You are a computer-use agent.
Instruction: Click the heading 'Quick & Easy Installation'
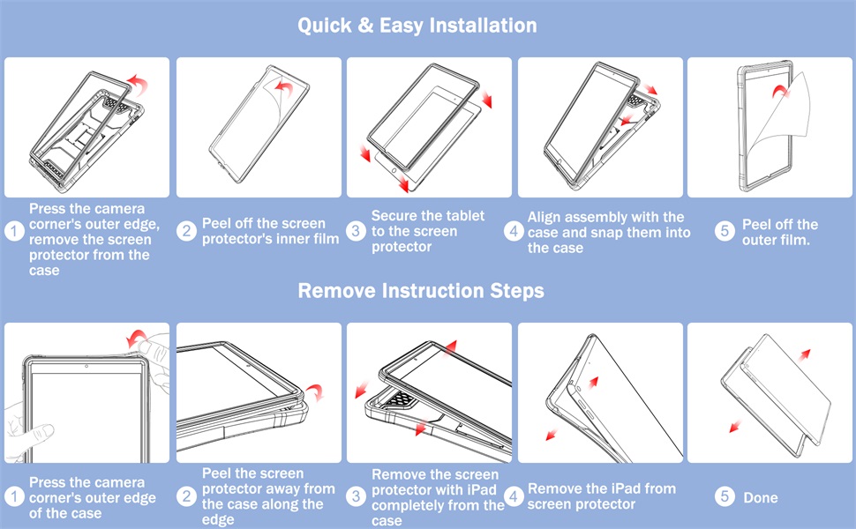417,26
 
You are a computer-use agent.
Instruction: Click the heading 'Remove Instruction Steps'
421,291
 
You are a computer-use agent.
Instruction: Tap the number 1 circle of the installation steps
14,231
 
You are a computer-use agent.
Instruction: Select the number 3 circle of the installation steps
356,231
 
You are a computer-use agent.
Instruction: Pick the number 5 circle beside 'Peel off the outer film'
725,231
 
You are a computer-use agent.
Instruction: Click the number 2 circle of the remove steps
187,496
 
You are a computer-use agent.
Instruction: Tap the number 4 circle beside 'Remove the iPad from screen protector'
514,496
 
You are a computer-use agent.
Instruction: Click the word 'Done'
761,497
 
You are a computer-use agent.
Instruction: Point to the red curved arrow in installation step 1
139,85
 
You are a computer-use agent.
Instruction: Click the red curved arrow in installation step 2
283,87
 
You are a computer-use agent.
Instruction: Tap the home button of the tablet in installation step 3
394,171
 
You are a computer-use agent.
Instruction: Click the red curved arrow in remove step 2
315,391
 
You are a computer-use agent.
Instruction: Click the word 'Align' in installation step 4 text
544,217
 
